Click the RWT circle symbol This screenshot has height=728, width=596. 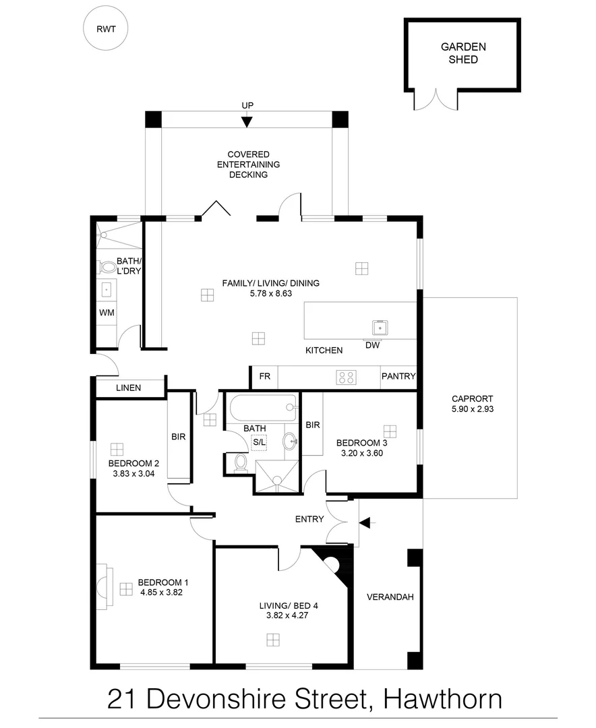click(x=105, y=29)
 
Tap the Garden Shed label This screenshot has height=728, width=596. click(x=463, y=53)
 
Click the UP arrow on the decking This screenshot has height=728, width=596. click(x=247, y=121)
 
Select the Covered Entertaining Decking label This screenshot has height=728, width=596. click(x=248, y=164)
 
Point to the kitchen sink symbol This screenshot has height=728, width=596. click(x=380, y=328)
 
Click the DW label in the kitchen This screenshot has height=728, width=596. click(x=372, y=345)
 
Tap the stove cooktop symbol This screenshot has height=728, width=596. click(x=347, y=377)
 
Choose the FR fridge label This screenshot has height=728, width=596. click(x=264, y=377)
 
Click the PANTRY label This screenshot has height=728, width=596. click(x=398, y=377)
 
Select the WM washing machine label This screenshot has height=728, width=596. click(x=107, y=313)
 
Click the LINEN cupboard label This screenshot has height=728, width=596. click(x=128, y=388)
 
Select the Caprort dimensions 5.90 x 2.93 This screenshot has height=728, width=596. click(x=473, y=408)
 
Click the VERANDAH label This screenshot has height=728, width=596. click(x=390, y=597)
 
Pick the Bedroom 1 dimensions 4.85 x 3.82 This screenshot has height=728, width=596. click(x=162, y=593)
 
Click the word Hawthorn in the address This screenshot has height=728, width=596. click(x=443, y=699)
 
